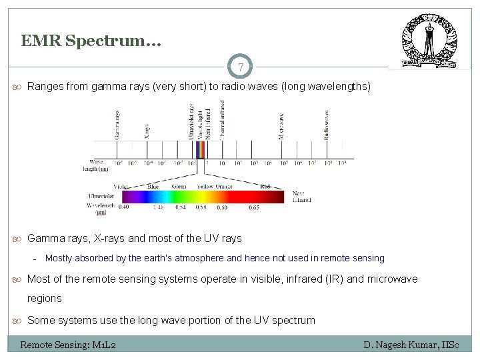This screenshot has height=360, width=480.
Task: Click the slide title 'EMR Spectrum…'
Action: [91, 41]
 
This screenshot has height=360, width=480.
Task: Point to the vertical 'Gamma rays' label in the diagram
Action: [117, 124]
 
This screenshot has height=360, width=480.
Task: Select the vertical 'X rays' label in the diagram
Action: [147, 130]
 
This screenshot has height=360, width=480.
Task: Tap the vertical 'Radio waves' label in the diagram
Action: [326, 124]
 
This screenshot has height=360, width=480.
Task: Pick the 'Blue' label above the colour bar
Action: [153, 187]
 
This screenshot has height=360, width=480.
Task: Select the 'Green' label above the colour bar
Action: [179, 187]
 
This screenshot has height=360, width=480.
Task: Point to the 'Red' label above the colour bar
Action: [265, 187]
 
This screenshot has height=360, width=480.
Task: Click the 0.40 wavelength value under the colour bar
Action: [123, 208]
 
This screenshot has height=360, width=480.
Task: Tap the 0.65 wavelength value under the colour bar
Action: [254, 208]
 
